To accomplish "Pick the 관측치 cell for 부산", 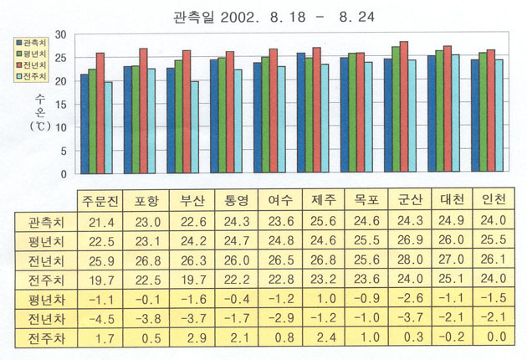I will tap(192, 222).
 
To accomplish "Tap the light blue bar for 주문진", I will tap(109, 127).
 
